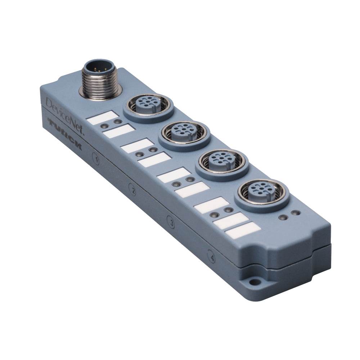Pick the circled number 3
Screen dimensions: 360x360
172,224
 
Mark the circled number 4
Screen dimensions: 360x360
212,257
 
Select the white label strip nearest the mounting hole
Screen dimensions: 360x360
243,229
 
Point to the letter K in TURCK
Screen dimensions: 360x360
77,147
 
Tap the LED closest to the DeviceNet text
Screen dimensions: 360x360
104,125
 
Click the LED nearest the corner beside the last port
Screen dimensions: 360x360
296,214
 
